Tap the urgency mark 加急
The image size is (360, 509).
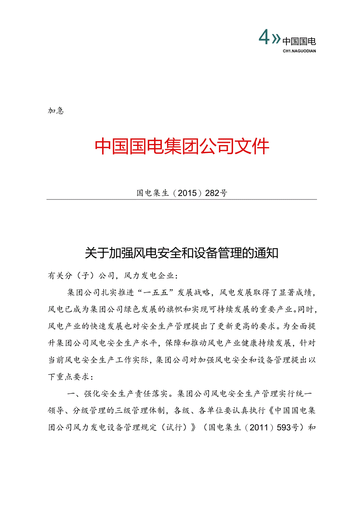[56, 111]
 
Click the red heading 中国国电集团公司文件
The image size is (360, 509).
[182, 146]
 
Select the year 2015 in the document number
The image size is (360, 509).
[191, 193]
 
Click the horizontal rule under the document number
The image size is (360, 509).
[182, 200]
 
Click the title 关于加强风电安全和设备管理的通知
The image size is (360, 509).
[182, 253]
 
